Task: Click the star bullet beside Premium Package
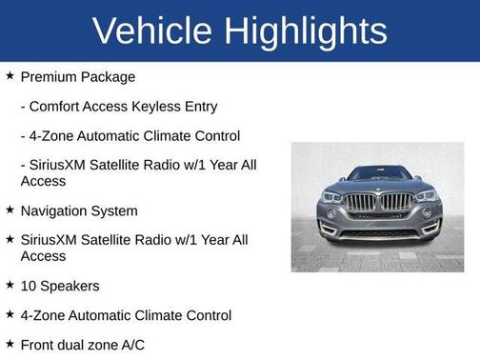tap(10, 76)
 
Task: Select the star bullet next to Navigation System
tap(10, 210)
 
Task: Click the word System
tap(114, 210)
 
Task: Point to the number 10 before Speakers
tap(29, 285)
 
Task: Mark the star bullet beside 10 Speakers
tap(10, 284)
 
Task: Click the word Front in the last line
tap(38, 344)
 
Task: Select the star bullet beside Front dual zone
tap(10, 343)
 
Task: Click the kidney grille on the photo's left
tap(359, 203)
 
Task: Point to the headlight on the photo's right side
tap(425, 196)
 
